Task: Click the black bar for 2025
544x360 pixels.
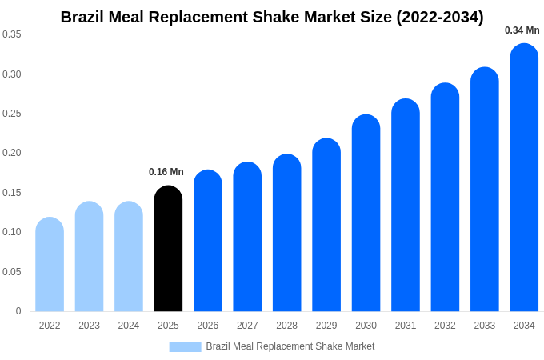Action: [168, 249]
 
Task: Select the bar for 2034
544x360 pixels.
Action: [524, 178]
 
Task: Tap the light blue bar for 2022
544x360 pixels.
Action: [50, 265]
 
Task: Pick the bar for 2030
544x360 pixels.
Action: [366, 214]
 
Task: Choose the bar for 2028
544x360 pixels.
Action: [286, 233]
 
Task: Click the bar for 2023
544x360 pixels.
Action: [89, 257]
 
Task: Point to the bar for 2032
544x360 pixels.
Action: [445, 198]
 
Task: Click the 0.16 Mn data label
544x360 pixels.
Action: [166, 172]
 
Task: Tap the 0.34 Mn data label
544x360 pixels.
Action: [522, 30]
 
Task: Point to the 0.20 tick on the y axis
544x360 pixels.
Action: [11, 153]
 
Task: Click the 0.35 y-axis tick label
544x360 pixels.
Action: [11, 34]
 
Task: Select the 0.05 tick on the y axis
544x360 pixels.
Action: [11, 272]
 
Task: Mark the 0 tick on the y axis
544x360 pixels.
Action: [18, 311]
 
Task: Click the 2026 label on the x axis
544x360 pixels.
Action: [208, 326]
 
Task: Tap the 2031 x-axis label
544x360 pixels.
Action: [406, 326]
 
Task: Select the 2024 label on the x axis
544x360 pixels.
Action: [129, 326]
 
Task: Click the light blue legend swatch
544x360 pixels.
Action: [185, 347]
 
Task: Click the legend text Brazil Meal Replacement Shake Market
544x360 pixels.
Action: [290, 346]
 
